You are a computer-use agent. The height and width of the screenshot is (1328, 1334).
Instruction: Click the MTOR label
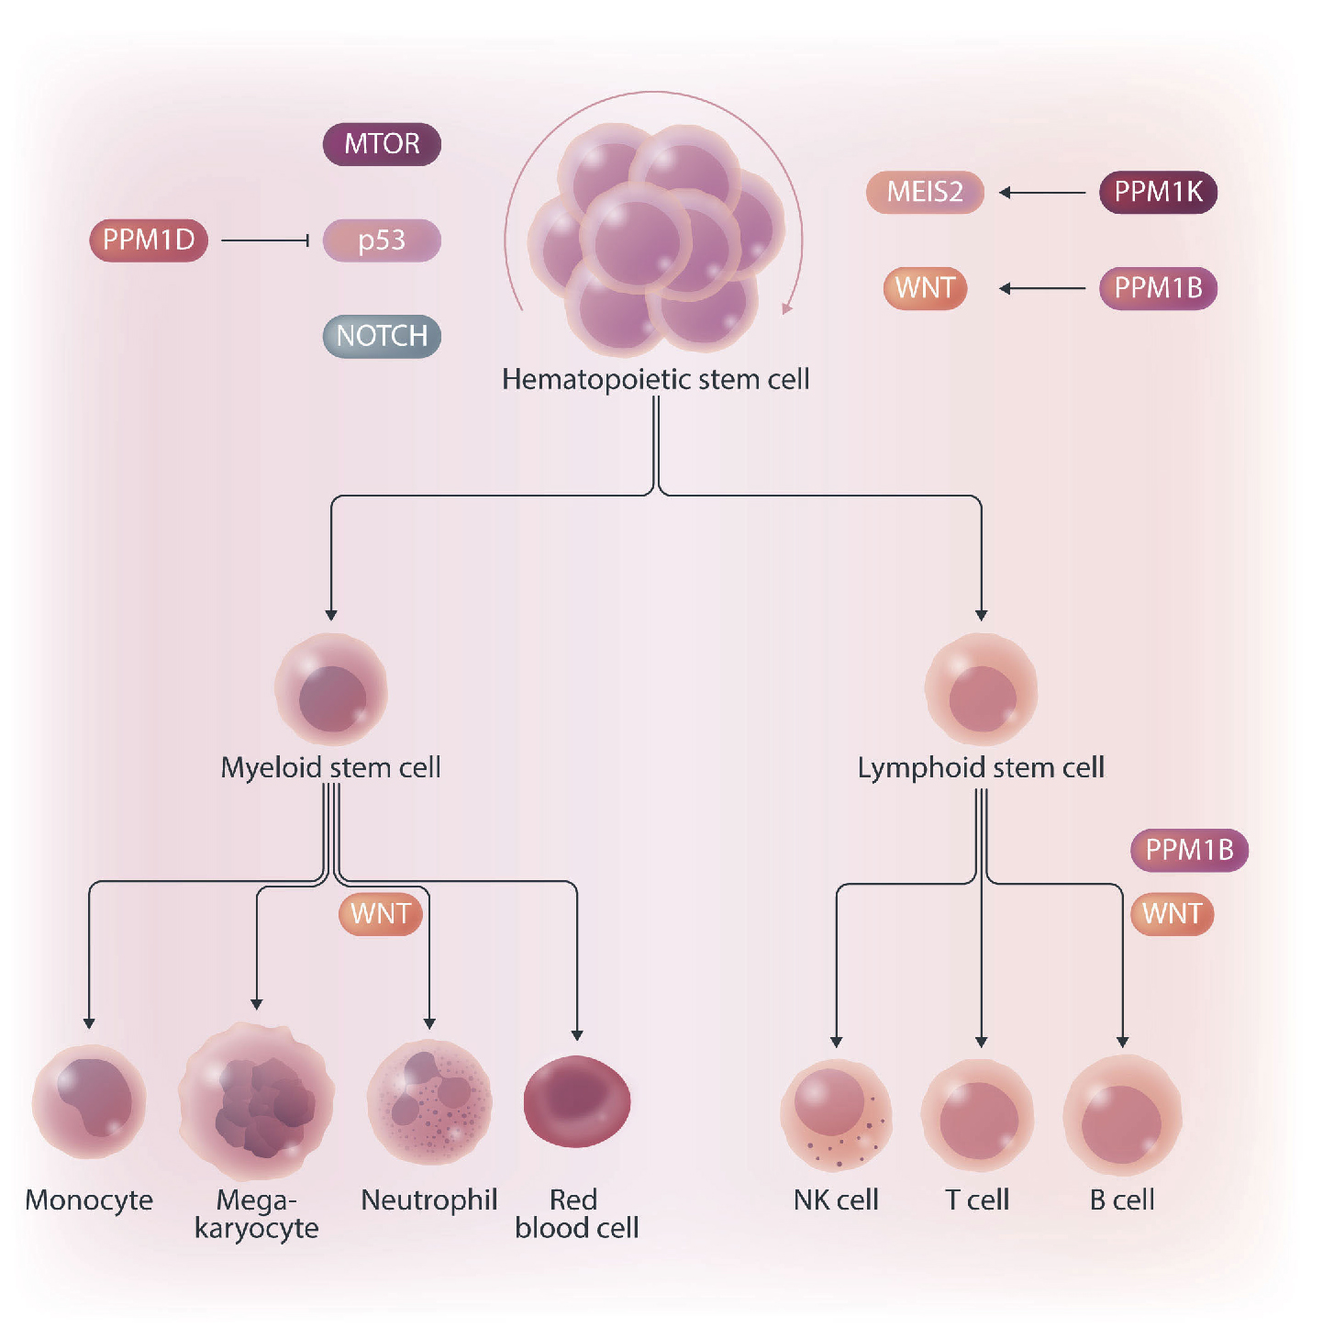(x=382, y=144)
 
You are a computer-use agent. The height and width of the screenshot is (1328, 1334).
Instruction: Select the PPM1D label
(x=149, y=240)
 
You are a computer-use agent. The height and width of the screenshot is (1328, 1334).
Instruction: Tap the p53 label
(x=382, y=240)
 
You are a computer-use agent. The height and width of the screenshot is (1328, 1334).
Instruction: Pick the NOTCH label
(x=382, y=336)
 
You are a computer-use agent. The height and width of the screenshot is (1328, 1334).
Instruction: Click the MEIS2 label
(x=925, y=192)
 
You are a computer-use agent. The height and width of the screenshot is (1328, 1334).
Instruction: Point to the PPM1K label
(x=1158, y=192)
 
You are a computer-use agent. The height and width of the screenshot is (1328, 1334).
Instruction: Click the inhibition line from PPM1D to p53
(x=265, y=240)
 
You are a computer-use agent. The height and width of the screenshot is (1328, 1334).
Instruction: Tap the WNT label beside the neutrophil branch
(x=381, y=914)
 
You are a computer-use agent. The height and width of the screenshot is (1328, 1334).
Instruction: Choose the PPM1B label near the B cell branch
(x=1189, y=850)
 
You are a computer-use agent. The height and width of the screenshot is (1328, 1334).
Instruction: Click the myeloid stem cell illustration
(x=331, y=690)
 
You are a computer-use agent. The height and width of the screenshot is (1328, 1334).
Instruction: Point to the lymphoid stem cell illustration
(x=981, y=690)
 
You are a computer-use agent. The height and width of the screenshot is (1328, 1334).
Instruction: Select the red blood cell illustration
(x=577, y=1100)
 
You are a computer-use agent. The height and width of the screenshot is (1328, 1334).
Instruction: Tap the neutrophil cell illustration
(x=429, y=1101)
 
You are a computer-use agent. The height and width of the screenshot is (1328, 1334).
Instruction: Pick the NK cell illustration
(x=836, y=1114)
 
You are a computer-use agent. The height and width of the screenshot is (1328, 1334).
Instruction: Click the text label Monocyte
(x=89, y=1200)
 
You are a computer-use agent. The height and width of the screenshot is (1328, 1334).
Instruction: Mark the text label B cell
(x=1122, y=1200)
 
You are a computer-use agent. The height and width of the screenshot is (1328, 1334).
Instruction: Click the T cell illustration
(x=978, y=1114)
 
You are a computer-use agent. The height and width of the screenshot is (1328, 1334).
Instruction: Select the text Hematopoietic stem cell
(x=655, y=379)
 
